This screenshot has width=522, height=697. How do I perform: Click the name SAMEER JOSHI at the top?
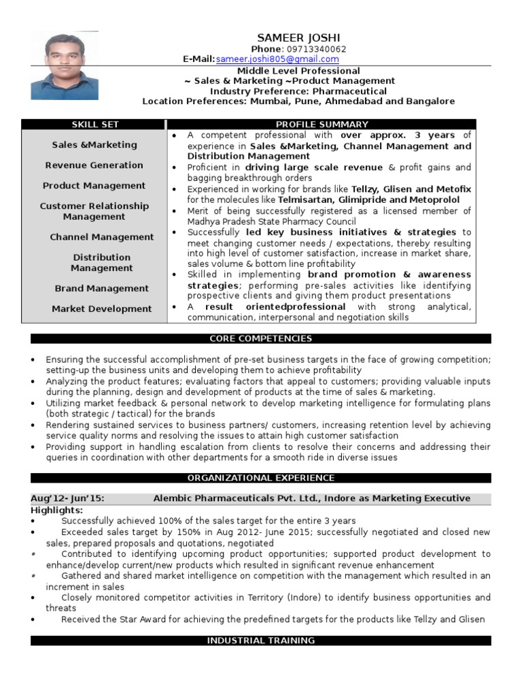pyautogui.click(x=298, y=37)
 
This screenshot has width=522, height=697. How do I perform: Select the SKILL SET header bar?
pyautogui.click(x=95, y=124)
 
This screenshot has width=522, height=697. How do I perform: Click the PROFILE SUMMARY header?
pyautogui.click(x=322, y=124)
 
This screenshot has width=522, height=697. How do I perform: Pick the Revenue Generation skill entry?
pyautogui.click(x=94, y=165)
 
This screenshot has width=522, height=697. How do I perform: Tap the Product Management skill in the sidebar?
pyautogui.click(x=94, y=186)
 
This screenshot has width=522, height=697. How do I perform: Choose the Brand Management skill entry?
pyautogui.click(x=102, y=289)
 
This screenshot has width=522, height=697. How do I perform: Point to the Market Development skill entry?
pyautogui.click(x=102, y=309)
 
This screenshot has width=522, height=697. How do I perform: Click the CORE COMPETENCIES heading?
pyautogui.click(x=261, y=339)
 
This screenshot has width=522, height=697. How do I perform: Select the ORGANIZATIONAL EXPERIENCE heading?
pyautogui.click(x=261, y=479)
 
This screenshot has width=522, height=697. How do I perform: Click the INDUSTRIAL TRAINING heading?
pyautogui.click(x=261, y=641)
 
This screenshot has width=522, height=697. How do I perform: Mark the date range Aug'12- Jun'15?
pyautogui.click(x=68, y=498)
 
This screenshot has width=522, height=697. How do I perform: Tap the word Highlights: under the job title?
pyautogui.click(x=57, y=510)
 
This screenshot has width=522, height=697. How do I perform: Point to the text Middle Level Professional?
pyautogui.click(x=298, y=71)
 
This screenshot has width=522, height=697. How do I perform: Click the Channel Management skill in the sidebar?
pyautogui.click(x=102, y=238)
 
